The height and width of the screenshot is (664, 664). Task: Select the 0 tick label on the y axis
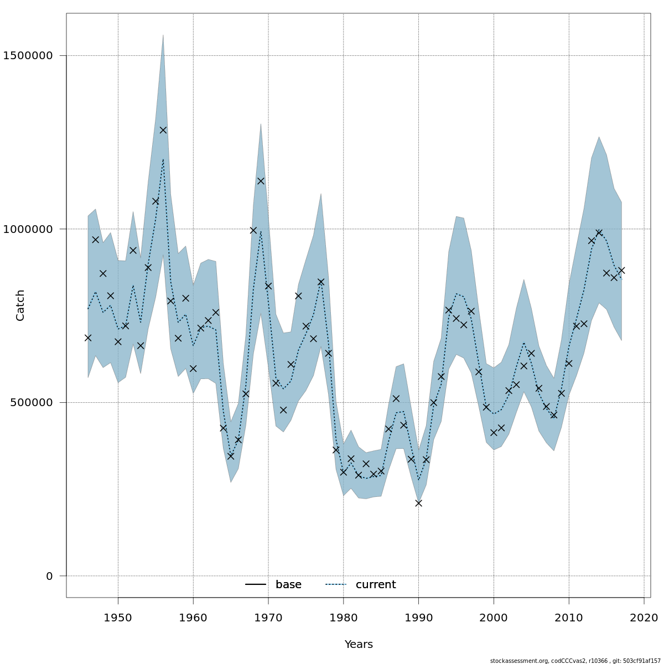pos(49,576)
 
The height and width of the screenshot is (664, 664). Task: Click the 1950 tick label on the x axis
pos(118,617)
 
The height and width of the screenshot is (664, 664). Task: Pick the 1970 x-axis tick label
pos(268,617)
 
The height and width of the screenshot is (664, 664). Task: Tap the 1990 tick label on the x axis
pos(419,617)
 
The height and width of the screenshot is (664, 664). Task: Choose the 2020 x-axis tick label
pos(644,617)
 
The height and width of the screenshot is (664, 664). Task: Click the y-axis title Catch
pos(20,305)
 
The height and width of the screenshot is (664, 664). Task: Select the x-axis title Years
pos(359,645)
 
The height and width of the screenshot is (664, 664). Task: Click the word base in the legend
pos(288,585)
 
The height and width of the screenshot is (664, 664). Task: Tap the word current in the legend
pos(376,585)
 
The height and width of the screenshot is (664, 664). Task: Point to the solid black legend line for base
pos(256,585)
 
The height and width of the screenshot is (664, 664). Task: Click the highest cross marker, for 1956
pos(163,130)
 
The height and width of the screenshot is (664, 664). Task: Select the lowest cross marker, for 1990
pos(419,503)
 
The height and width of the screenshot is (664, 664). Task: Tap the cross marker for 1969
pos(261,181)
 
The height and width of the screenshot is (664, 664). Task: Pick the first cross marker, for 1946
pos(88,338)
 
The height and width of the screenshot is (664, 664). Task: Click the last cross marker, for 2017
pos(621,271)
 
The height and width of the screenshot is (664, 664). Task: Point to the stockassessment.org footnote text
pos(575,661)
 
